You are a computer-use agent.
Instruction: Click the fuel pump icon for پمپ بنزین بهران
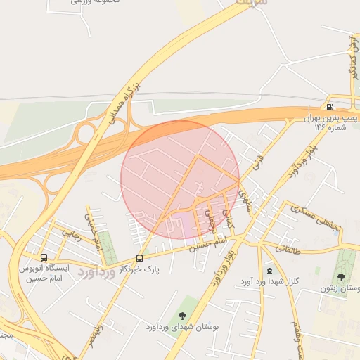[330, 108]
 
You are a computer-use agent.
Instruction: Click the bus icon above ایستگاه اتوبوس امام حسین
[45, 257]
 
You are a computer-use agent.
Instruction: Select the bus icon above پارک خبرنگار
[139, 258]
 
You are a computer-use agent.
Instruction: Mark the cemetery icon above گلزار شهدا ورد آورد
[269, 271]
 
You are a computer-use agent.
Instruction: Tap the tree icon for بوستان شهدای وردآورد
[183, 316]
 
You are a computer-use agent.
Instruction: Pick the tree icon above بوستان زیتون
[342, 276]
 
